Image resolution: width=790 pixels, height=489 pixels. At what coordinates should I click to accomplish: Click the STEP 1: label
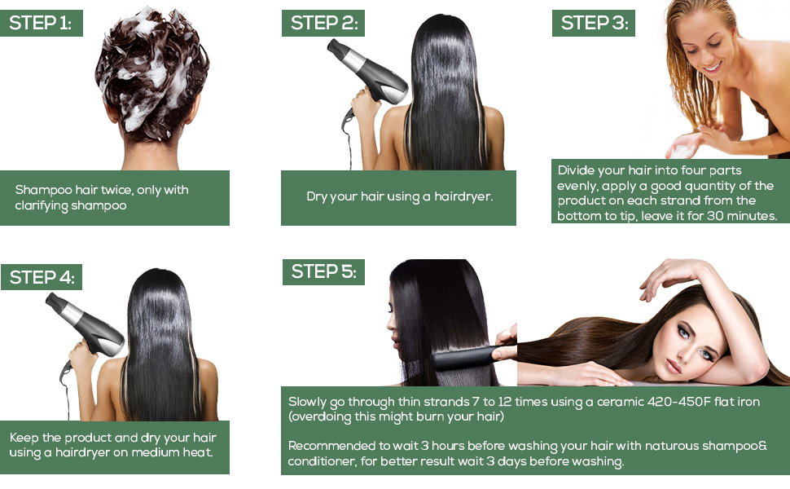pos(42,23)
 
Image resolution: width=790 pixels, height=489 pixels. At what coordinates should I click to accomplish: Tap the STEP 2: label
pos(323,23)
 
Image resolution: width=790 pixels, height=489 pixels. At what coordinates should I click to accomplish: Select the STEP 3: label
pos(594,23)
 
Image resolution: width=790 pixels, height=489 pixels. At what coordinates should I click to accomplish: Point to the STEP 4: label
pos(42,277)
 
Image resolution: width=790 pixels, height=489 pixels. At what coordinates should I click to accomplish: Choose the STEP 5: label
pos(323,271)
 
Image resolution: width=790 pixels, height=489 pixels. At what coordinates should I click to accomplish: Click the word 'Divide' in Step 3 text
pos(575,170)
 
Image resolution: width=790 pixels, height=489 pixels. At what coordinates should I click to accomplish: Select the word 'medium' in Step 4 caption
pos(155,452)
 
